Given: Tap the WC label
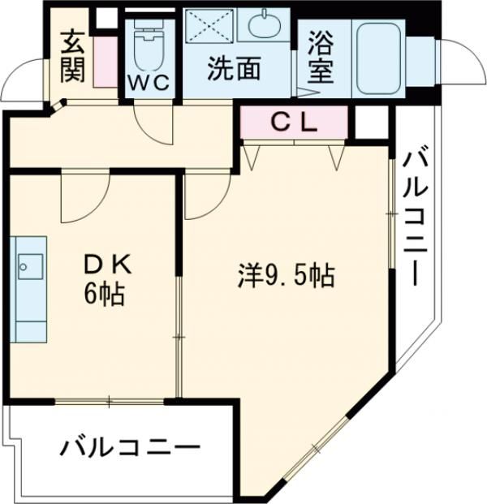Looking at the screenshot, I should pyautogui.click(x=148, y=81).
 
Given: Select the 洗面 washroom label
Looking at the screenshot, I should pyautogui.click(x=234, y=70).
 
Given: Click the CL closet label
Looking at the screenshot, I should pyautogui.click(x=294, y=123).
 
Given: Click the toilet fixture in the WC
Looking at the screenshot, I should pyautogui.click(x=148, y=45).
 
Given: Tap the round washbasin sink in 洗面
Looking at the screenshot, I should pyautogui.click(x=265, y=25).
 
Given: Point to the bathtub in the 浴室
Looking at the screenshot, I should pyautogui.click(x=380, y=56).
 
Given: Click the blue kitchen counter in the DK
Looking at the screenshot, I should pyautogui.click(x=29, y=288).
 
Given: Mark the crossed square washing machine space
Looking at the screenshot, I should pyautogui.click(x=209, y=28).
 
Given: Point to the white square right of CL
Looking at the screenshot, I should pyautogui.click(x=371, y=122).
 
